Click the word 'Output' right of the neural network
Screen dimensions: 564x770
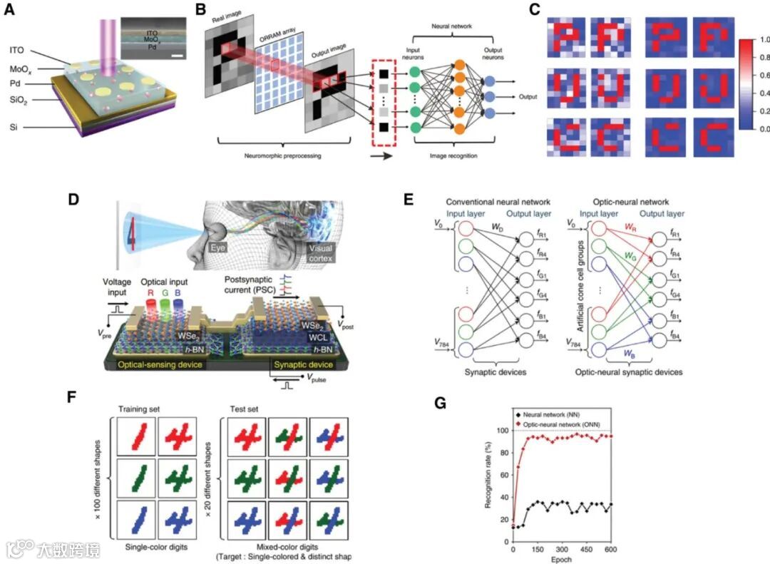pos(528,96)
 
